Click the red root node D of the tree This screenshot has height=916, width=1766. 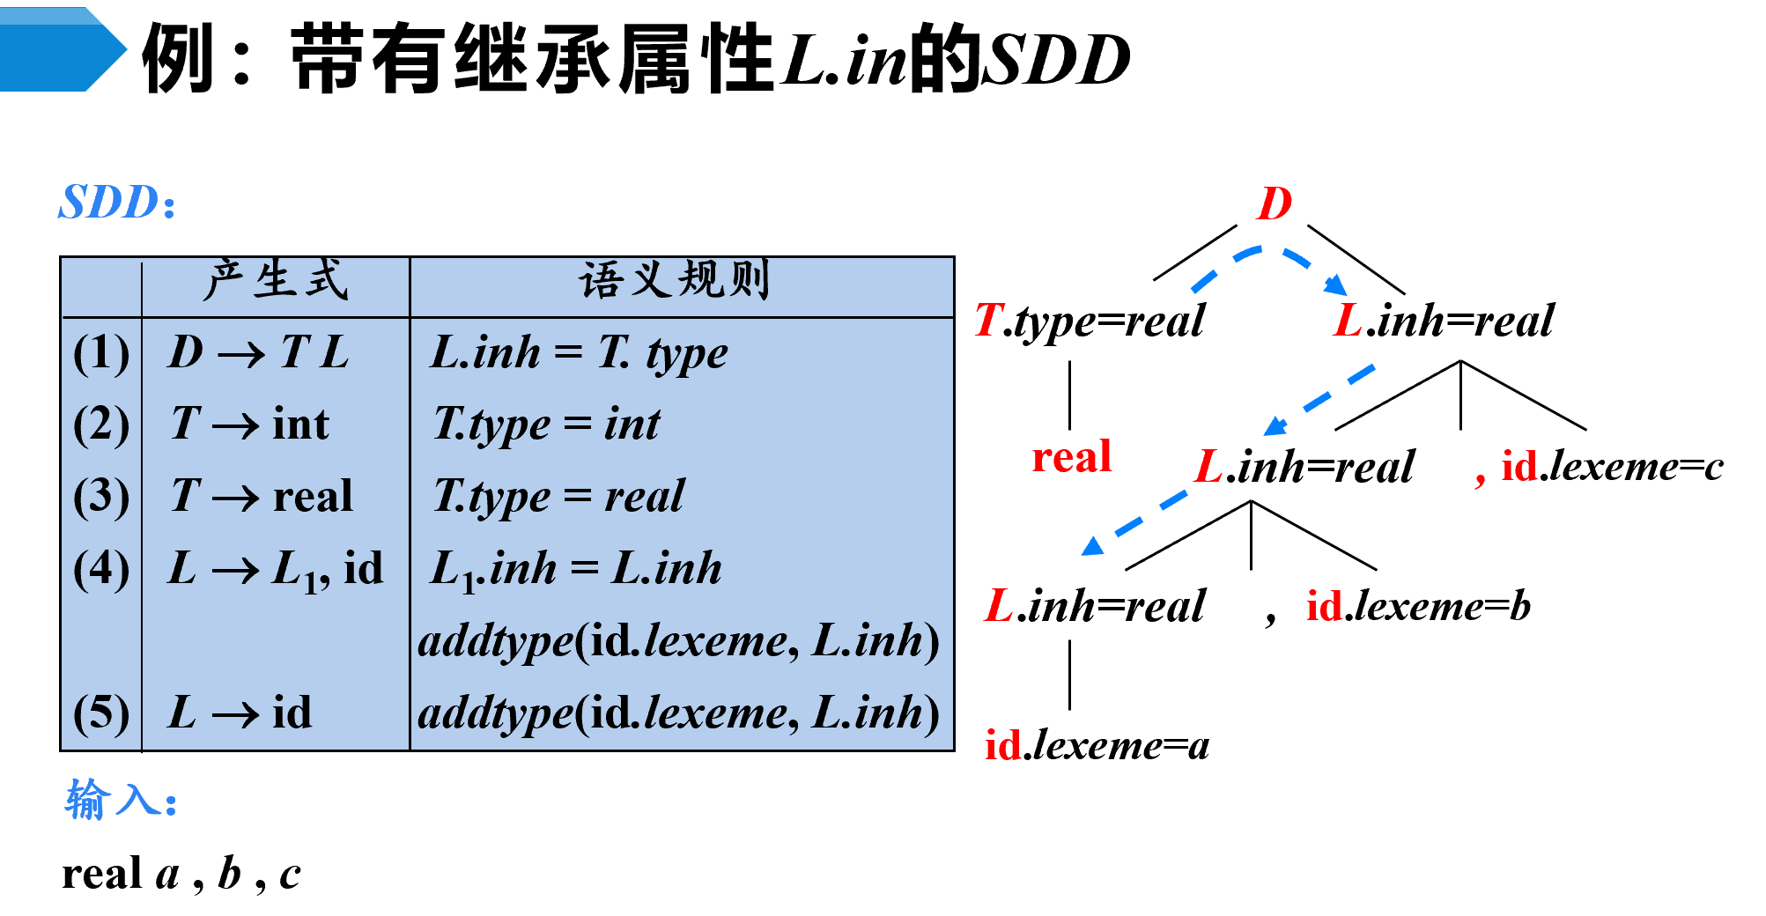(1274, 203)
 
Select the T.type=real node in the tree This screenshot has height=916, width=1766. (1090, 321)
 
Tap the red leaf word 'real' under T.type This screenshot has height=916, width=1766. (1072, 457)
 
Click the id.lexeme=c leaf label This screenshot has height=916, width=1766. (1612, 466)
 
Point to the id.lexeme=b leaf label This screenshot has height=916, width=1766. (1418, 606)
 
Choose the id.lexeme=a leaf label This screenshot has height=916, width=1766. (1097, 745)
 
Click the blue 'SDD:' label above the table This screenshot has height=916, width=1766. (117, 203)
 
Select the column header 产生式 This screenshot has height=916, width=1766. (276, 281)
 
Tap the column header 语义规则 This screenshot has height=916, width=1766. (675, 281)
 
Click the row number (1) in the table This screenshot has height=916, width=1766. (101, 353)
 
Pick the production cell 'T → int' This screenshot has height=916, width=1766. (250, 424)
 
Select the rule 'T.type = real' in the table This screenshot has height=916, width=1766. (558, 497)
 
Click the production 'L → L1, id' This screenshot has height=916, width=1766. (276, 569)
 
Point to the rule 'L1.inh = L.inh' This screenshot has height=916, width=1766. (576, 569)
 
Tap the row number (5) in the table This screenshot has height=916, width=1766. (101, 713)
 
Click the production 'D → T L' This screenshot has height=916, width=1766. (259, 352)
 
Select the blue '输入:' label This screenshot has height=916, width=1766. (121, 801)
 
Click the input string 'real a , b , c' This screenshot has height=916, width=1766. (181, 875)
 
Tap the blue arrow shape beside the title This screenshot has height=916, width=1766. (63, 49)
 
